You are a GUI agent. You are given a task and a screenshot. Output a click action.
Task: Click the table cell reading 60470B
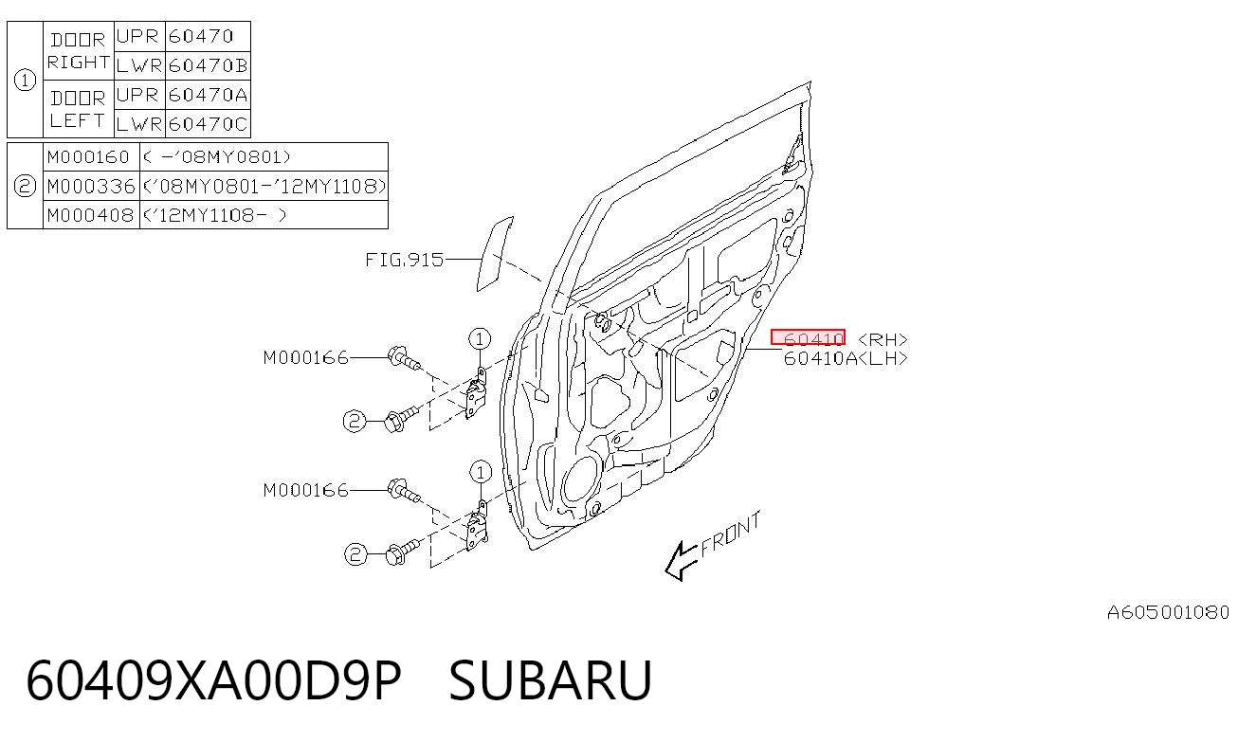coord(208,65)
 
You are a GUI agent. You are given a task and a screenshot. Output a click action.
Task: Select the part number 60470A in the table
coord(208,95)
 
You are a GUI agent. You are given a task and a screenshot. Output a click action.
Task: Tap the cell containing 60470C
coord(208,124)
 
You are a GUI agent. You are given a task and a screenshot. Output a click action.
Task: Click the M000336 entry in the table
coord(91,186)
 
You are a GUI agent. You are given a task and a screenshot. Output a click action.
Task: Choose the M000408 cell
coord(91,215)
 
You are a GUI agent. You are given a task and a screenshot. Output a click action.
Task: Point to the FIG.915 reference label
coord(404,260)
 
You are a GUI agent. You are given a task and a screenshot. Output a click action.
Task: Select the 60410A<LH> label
coord(846,358)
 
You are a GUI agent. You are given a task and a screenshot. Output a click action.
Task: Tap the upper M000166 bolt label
coord(305,358)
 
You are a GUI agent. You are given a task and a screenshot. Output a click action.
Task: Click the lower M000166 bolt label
coord(305,491)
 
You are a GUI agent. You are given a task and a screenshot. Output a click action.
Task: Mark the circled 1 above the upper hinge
coord(480,338)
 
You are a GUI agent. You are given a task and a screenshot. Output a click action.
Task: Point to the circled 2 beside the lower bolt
coord(355,554)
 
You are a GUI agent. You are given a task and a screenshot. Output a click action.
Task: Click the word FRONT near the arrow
coord(731,534)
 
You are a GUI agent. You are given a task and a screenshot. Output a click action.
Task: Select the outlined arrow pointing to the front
coord(681,561)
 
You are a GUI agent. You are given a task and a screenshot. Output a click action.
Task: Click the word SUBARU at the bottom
coord(551,680)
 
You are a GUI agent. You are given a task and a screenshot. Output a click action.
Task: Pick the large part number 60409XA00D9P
coord(213,680)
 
